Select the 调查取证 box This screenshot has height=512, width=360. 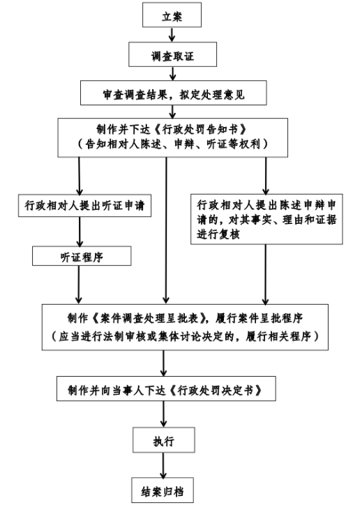170,52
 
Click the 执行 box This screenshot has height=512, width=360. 162,440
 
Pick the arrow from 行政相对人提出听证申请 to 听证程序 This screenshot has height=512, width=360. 81,231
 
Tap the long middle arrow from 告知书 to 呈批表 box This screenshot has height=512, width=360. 166,230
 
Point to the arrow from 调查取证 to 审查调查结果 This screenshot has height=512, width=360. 170,72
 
